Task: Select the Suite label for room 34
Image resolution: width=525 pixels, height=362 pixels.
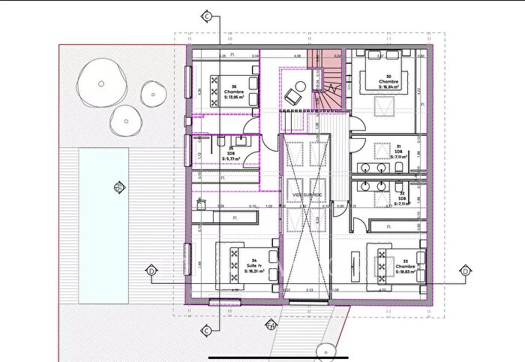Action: click(254, 266)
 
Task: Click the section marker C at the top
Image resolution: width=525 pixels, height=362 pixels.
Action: click(206, 15)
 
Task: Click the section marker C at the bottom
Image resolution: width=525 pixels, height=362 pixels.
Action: click(206, 330)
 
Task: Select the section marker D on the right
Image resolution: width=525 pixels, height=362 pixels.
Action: click(465, 270)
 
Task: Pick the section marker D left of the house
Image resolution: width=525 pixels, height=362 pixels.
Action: click(151, 270)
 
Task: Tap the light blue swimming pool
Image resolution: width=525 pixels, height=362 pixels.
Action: click(103, 225)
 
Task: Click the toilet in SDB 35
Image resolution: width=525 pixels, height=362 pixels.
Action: click(222, 140)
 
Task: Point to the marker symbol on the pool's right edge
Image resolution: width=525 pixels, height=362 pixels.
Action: click(117, 187)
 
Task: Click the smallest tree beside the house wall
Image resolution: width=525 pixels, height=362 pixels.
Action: click(152, 91)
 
